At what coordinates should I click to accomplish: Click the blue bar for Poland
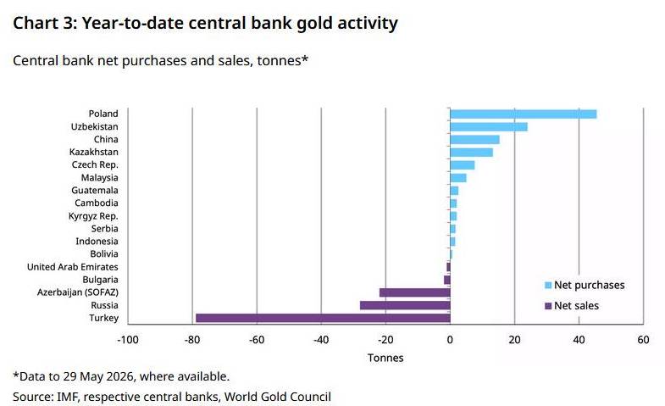[x=524, y=114]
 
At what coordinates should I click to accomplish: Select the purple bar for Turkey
[x=323, y=318]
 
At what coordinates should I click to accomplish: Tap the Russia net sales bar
[x=405, y=305]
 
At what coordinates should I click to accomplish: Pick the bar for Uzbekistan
[x=489, y=127]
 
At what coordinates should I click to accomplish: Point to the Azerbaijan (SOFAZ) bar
[x=415, y=292]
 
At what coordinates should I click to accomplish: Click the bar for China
[x=475, y=140]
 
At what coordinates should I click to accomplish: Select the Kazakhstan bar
[x=472, y=153]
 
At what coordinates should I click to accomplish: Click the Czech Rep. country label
[x=95, y=164]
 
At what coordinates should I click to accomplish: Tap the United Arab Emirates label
[x=73, y=267]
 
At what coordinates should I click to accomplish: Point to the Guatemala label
[x=95, y=190]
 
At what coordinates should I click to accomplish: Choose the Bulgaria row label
[x=100, y=280]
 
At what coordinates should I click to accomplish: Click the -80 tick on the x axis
[x=192, y=340]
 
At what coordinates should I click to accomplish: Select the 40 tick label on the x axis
[x=579, y=340]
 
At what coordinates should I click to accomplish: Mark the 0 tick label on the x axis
[x=450, y=340]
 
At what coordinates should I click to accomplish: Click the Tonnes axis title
[x=385, y=358]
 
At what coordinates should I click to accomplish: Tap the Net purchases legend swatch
[x=548, y=285]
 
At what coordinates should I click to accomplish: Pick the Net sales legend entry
[x=572, y=305]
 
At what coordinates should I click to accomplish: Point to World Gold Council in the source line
[x=277, y=397]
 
